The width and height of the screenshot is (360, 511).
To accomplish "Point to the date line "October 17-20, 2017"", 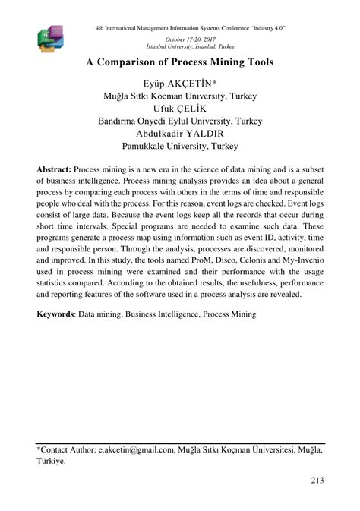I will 190,36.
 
